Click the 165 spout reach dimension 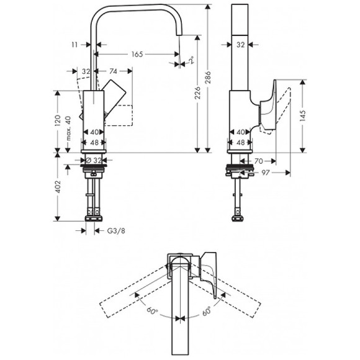pos(137,55)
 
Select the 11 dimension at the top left pos(75,45)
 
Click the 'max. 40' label pos(69,127)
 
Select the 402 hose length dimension pos(57,188)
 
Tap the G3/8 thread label pos(109,230)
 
